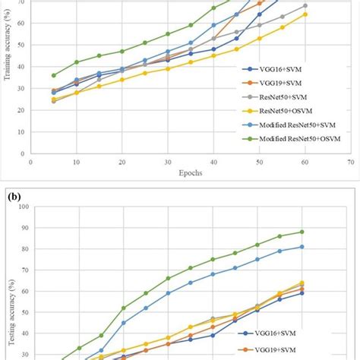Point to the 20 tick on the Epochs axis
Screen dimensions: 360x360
122,162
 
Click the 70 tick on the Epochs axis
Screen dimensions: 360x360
351,162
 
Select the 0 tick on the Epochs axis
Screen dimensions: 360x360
30,162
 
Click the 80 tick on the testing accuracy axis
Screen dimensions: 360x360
22,249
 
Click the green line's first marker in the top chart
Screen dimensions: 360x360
53,75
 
